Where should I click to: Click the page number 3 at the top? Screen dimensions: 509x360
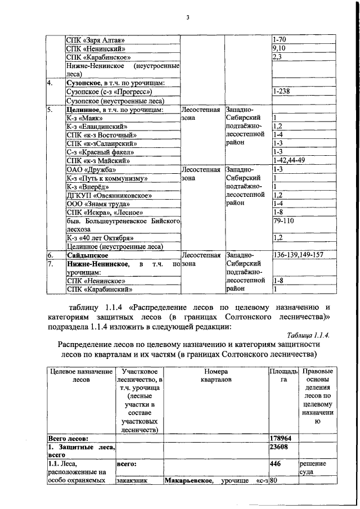pos(187,18)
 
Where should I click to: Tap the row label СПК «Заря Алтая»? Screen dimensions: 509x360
pos(95,40)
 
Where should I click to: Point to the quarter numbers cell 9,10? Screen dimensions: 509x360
pos(278,49)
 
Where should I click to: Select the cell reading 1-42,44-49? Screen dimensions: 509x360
pos(289,161)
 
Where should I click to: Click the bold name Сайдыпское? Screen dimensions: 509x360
pos(87,255)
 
